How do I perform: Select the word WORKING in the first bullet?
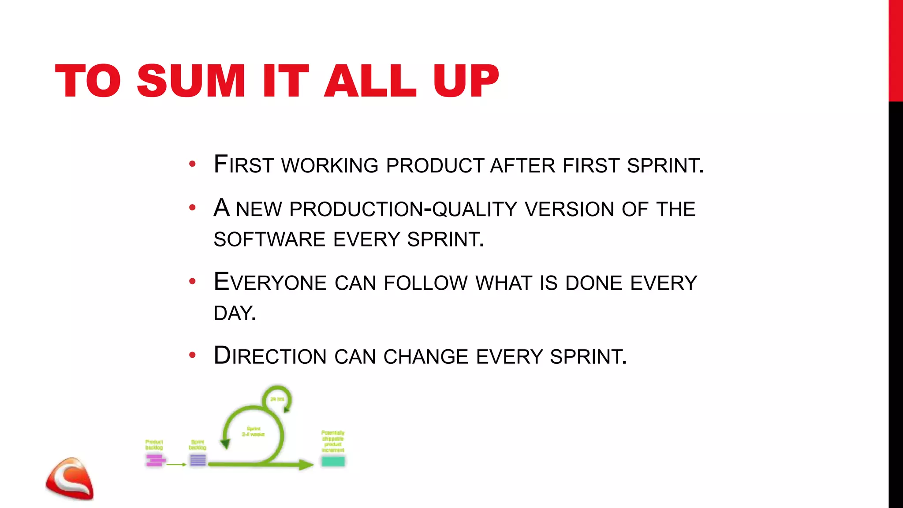330,166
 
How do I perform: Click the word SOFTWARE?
269,239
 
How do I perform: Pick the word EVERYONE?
270,283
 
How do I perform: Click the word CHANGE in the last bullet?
425,357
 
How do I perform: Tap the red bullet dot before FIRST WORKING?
192,164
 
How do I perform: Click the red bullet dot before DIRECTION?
192,355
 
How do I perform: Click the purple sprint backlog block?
198,460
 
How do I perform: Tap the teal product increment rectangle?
333,461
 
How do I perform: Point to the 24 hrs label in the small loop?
277,399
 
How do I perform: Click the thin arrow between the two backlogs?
177,464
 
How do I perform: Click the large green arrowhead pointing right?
306,464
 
